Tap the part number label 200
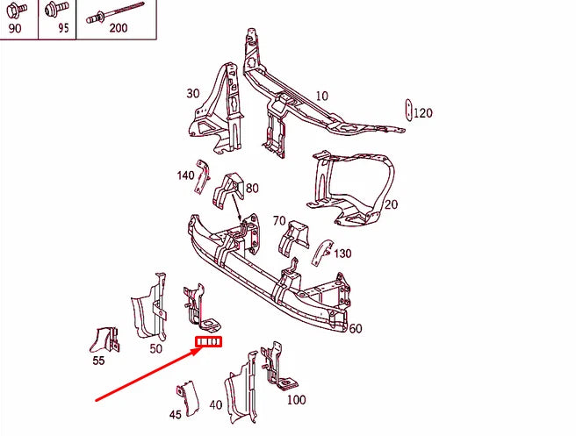tap(118, 28)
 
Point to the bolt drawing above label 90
tap(18, 11)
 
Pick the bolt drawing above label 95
tap(54, 11)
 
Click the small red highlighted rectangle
tap(209, 342)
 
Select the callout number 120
tap(423, 113)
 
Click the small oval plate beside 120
tap(407, 111)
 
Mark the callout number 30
tap(193, 94)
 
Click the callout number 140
tap(185, 175)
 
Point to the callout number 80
tap(252, 188)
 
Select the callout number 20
tap(391, 204)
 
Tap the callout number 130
tap(342, 254)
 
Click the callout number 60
tap(355, 329)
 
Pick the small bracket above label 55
tap(105, 339)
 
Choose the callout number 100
tap(296, 399)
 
